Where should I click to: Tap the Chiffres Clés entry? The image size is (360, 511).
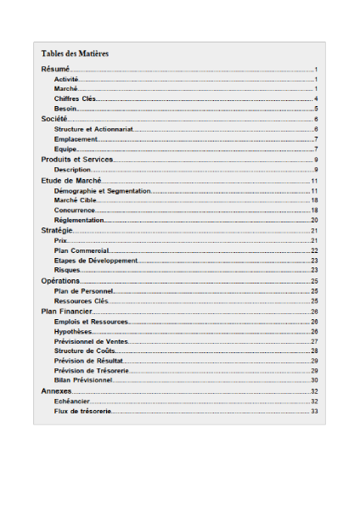(x=75, y=98)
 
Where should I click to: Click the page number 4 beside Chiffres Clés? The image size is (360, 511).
(x=315, y=98)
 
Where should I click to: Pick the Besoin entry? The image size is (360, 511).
(x=66, y=109)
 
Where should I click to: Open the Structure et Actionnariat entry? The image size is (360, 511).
(x=93, y=129)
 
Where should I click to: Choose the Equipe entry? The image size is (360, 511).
(x=66, y=149)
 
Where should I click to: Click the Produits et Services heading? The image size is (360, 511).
(x=77, y=160)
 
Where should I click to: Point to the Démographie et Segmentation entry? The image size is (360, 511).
(x=102, y=191)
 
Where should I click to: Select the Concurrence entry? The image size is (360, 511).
(x=75, y=210)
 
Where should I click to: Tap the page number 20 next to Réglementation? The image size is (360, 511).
(x=313, y=220)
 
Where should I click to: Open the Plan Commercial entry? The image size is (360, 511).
(x=82, y=250)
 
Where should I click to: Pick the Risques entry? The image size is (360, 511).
(x=67, y=270)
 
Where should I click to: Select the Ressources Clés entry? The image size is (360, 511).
(x=82, y=300)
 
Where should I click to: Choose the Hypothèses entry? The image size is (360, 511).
(x=73, y=331)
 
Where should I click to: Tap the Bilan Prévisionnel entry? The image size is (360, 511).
(x=83, y=380)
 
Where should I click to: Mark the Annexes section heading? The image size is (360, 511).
(x=56, y=391)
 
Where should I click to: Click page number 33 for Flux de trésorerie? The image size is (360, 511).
(x=313, y=411)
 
